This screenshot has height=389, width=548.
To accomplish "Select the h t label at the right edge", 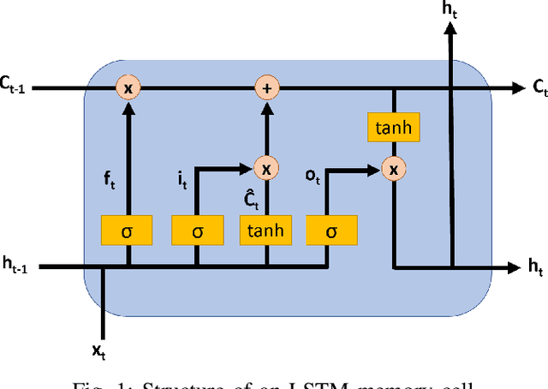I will [536, 268].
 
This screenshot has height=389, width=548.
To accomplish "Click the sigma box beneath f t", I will [128, 230].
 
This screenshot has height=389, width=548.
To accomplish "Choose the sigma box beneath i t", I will [198, 230].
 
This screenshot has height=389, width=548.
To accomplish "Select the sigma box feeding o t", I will [330, 230].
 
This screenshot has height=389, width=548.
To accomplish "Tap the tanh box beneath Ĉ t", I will [265, 230].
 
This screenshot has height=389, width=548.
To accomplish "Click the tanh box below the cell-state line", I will [393, 128].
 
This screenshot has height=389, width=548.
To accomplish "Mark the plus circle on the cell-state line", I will [265, 87].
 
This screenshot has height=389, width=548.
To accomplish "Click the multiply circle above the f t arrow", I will [128, 87].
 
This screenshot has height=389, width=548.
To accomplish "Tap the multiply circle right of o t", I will [393, 170].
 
